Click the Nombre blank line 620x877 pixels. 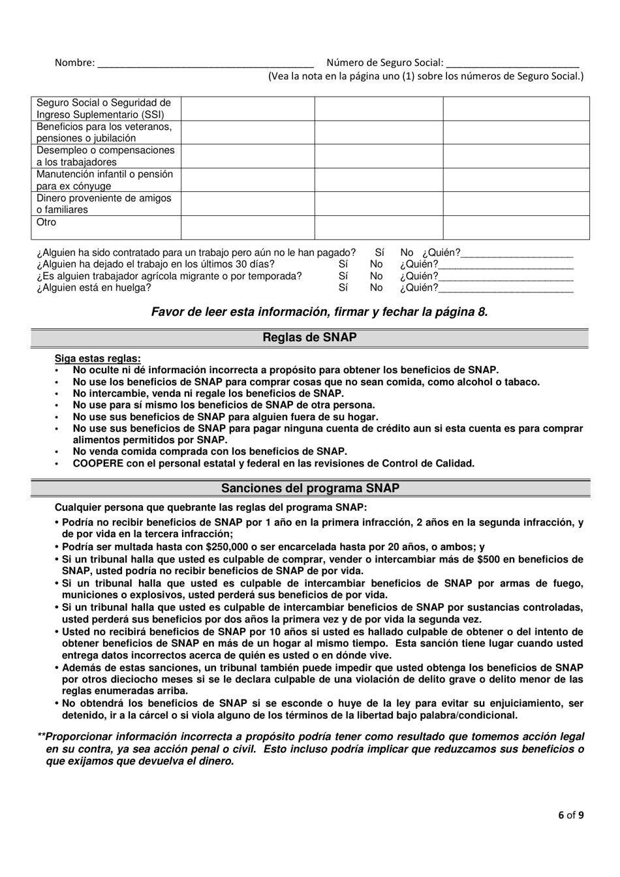pyautogui.click(x=204, y=64)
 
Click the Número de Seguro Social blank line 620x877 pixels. pyautogui.click(x=513, y=64)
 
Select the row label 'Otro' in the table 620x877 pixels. pyautogui.click(x=46, y=223)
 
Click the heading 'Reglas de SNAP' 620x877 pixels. pyautogui.click(x=309, y=337)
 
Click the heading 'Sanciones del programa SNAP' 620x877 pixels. pyautogui.click(x=310, y=488)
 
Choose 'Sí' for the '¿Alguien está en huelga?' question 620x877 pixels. pyautogui.click(x=343, y=288)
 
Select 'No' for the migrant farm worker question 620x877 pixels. pyautogui.click(x=376, y=276)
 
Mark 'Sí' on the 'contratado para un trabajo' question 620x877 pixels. pyautogui.click(x=379, y=253)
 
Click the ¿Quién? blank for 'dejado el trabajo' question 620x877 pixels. pyautogui.click(x=506, y=265)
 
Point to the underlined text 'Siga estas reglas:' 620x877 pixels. pyautogui.click(x=97, y=358)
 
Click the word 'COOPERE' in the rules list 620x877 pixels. pyautogui.click(x=99, y=464)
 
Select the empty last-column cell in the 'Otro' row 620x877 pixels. pyautogui.click(x=516, y=228)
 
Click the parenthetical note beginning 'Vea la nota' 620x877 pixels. pyautogui.click(x=426, y=76)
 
